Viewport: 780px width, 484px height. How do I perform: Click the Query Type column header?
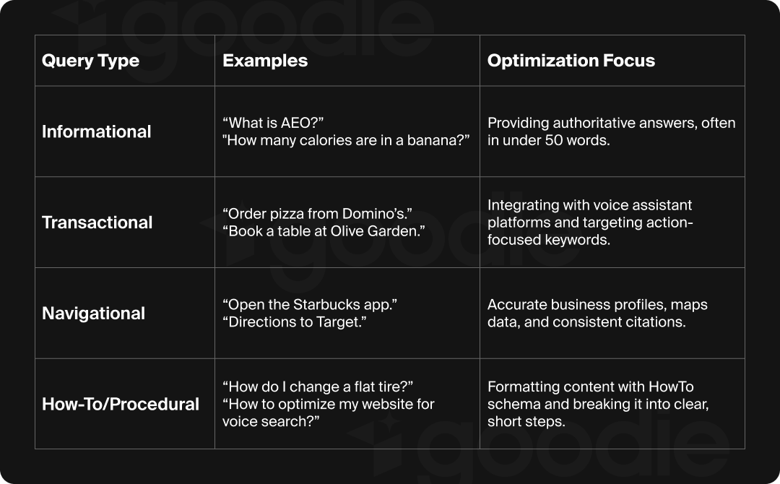[x=90, y=61]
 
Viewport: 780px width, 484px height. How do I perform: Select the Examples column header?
[x=265, y=61]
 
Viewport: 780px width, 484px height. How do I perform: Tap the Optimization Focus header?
[x=571, y=61]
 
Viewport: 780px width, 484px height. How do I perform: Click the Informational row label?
[x=96, y=131]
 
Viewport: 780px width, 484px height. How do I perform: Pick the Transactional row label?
[x=97, y=222]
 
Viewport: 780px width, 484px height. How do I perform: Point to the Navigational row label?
[x=93, y=314]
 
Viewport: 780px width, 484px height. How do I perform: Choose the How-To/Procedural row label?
[x=120, y=404]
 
